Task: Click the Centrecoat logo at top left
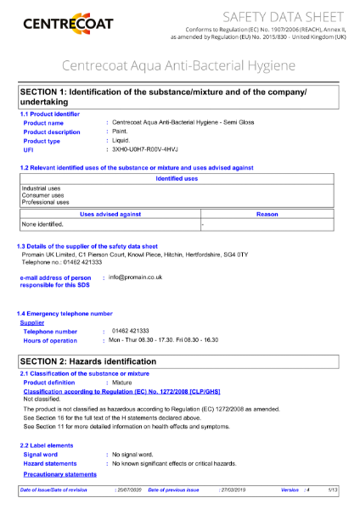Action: (x=69, y=22)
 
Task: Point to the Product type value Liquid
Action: (x=121, y=141)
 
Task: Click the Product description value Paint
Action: (x=121, y=131)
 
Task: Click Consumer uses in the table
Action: (x=42, y=195)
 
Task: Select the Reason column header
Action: (x=267, y=215)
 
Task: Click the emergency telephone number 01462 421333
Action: (x=130, y=331)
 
